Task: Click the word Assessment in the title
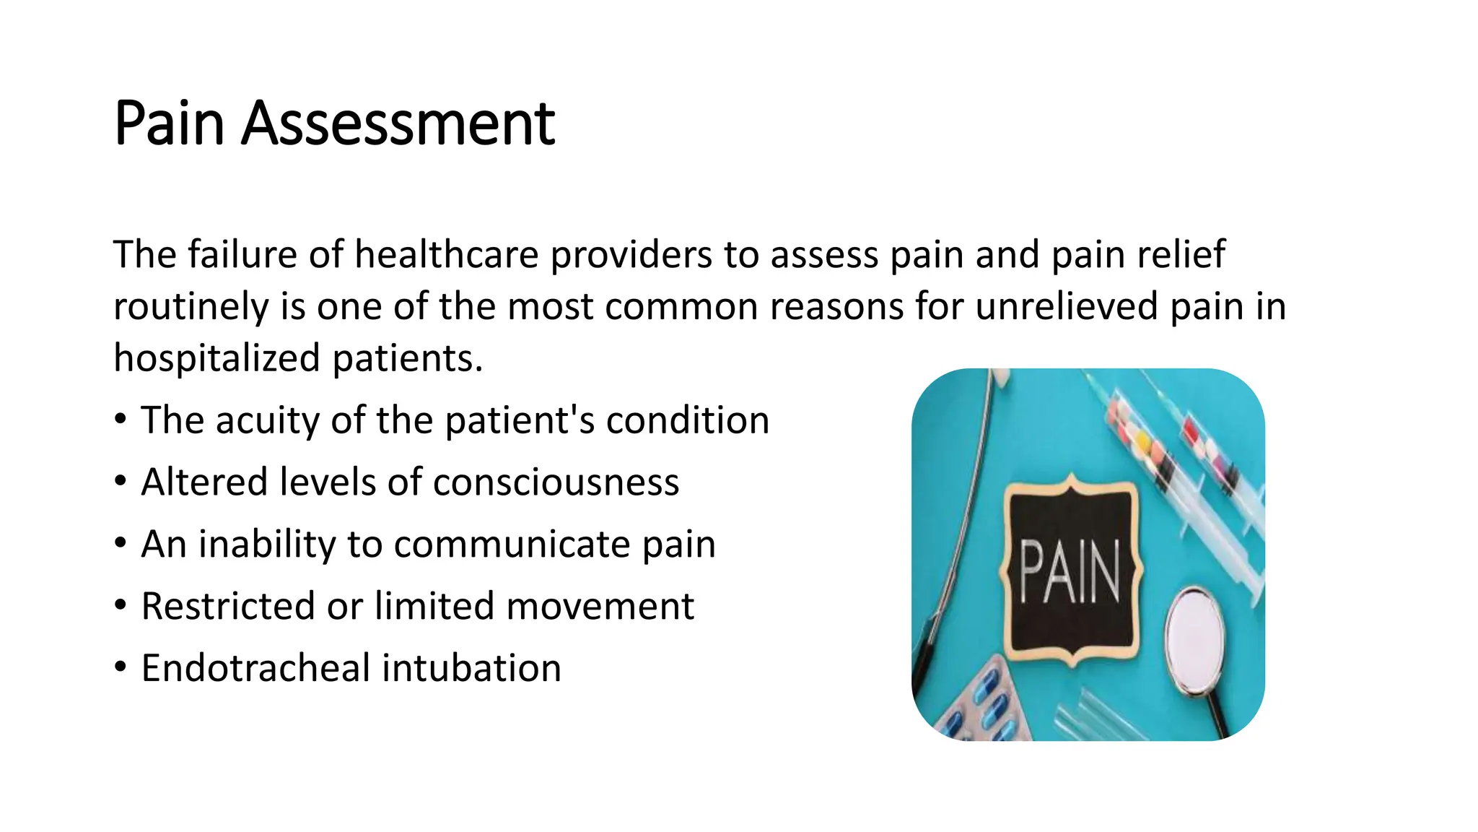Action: click(x=398, y=123)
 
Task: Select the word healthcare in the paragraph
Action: click(x=447, y=255)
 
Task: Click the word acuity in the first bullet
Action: click(x=267, y=421)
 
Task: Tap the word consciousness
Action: click(x=556, y=482)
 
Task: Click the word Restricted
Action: click(x=228, y=606)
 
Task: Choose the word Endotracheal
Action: click(x=255, y=668)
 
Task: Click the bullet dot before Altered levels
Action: click(x=121, y=481)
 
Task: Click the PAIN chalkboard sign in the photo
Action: click(x=1070, y=571)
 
